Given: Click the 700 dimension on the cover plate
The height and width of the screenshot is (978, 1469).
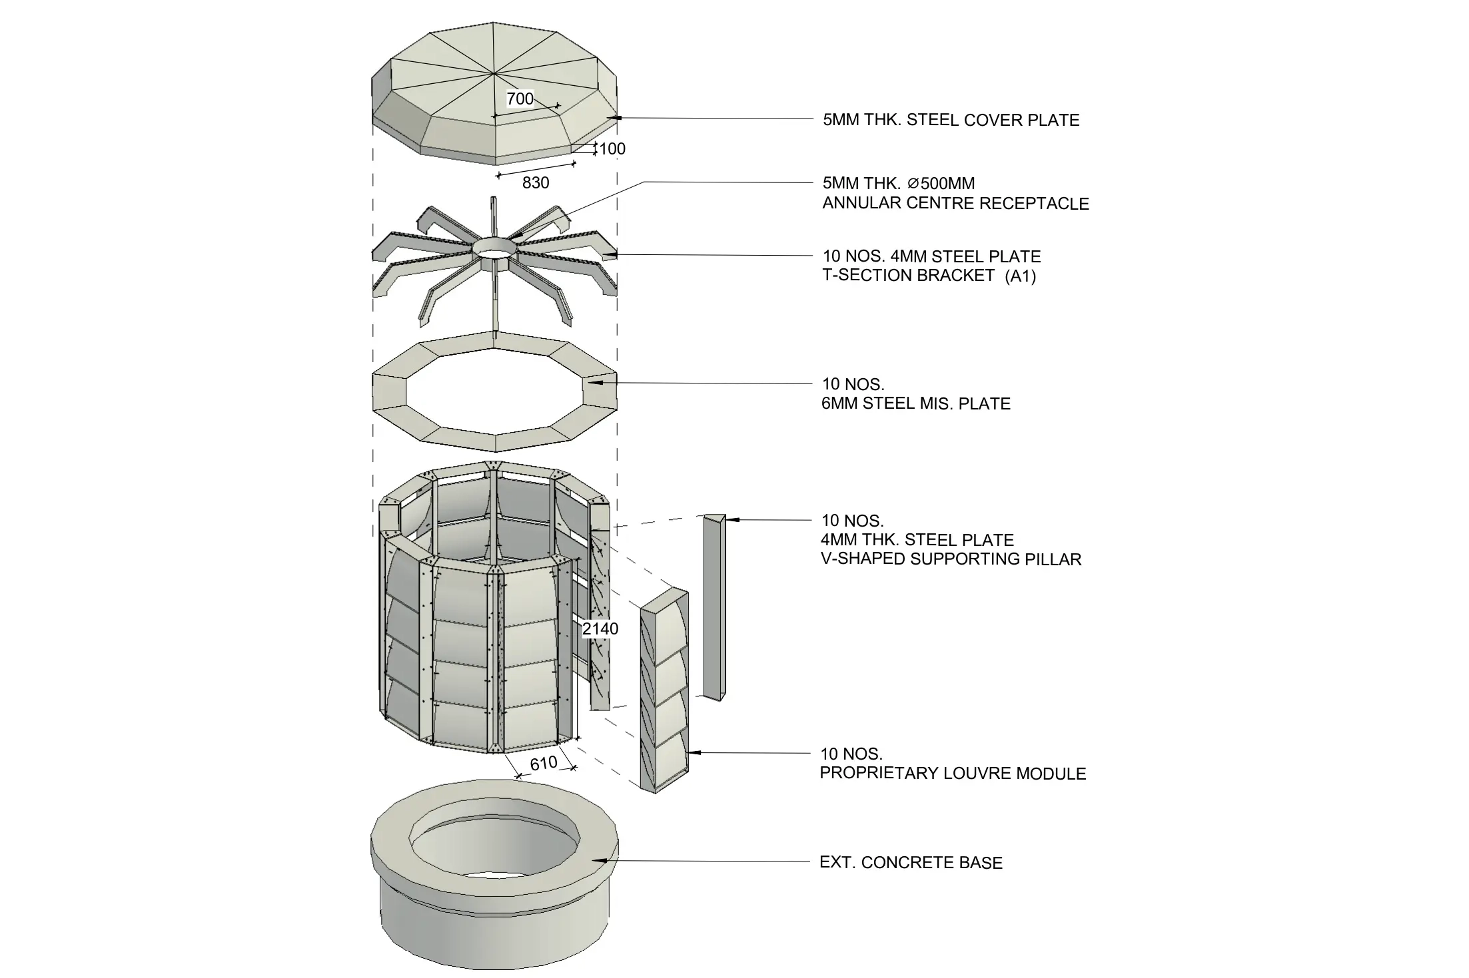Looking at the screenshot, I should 520,99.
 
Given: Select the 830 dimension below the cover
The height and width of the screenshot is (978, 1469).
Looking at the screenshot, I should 536,183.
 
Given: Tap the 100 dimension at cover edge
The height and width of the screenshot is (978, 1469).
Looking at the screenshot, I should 612,149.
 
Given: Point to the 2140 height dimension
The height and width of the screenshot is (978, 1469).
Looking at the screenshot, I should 600,628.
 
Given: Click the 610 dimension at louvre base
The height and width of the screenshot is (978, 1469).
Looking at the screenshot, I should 544,764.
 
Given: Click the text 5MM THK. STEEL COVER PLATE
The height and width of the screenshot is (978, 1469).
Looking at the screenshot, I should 951,121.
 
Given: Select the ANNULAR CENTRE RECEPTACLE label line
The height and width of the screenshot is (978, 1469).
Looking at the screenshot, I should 955,204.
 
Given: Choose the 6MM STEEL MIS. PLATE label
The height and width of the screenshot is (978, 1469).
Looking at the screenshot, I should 916,403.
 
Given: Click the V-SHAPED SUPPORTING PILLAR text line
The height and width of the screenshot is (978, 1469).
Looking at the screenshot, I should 951,559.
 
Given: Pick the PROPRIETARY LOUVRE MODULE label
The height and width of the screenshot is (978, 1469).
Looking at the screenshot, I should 953,774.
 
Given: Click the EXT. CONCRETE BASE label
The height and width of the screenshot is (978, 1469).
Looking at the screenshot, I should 911,863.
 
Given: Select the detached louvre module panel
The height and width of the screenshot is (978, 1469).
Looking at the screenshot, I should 665,692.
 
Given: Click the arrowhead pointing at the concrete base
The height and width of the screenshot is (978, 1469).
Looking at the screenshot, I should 599,861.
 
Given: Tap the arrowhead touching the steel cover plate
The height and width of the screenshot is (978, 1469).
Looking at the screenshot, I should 614,118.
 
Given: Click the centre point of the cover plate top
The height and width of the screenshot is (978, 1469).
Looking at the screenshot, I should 494,71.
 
